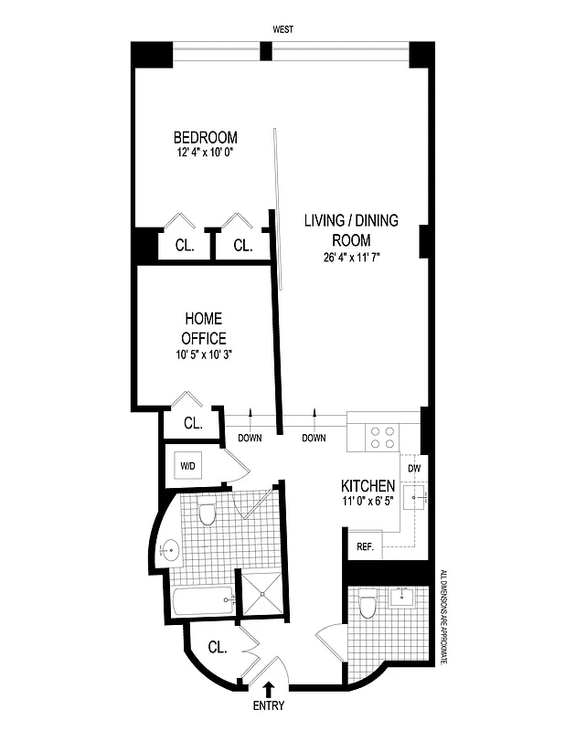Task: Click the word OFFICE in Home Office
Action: (x=204, y=338)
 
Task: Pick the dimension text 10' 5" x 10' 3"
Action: (x=204, y=355)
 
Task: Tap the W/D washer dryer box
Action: (x=187, y=466)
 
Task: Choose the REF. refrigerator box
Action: (x=363, y=547)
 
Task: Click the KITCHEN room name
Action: (x=368, y=485)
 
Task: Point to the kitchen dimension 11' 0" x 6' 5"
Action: (x=368, y=502)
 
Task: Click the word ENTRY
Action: (x=268, y=705)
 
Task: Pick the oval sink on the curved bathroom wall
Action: (x=172, y=550)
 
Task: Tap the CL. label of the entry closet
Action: (x=218, y=648)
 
